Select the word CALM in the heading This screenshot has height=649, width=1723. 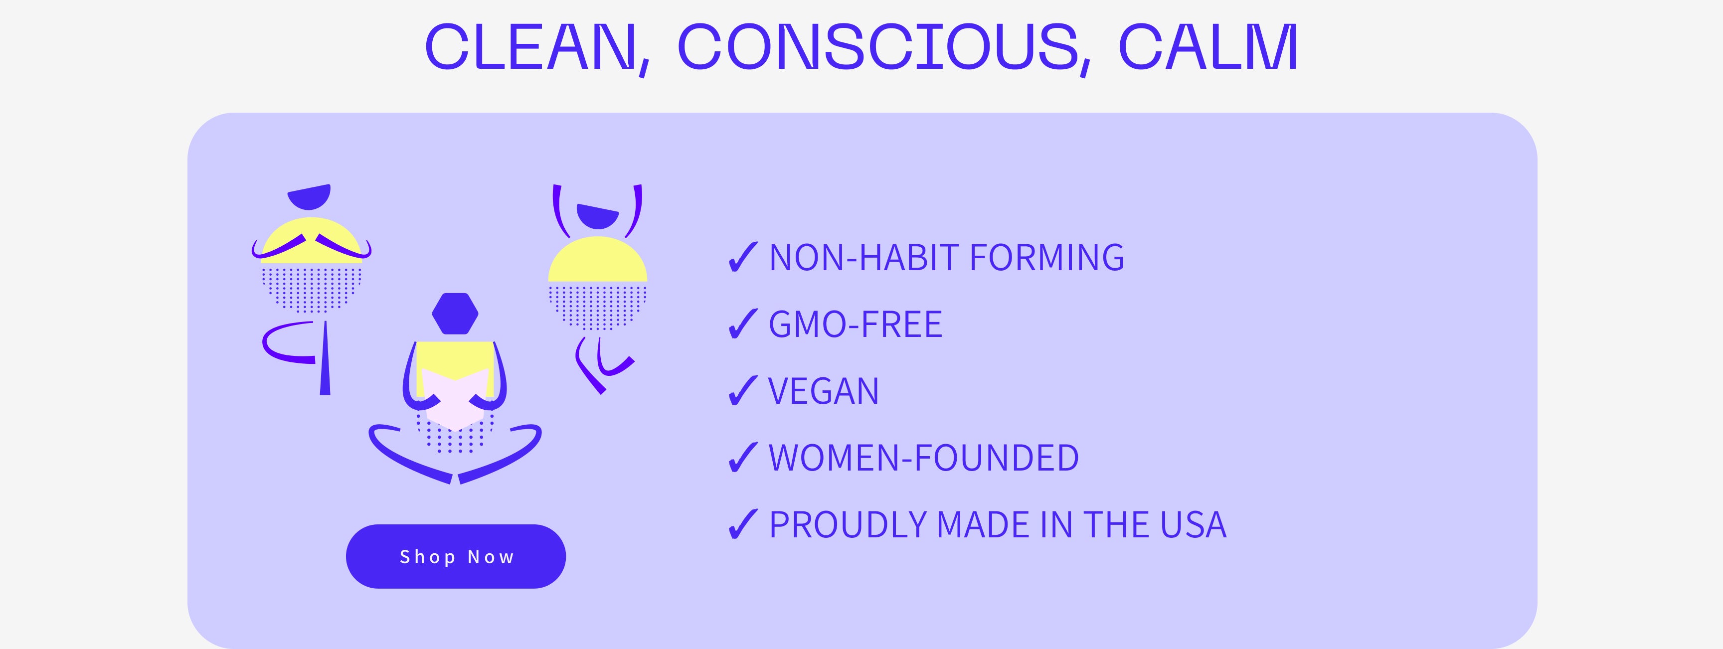point(1208,47)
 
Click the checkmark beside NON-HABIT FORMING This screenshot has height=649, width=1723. point(742,258)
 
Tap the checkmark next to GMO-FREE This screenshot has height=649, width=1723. point(742,324)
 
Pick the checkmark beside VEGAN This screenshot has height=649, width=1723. point(742,391)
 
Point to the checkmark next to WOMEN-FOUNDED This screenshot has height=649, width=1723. point(742,458)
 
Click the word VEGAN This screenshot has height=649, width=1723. point(824,391)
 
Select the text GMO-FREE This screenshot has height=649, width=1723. point(856,324)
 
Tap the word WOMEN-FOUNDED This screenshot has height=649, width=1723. point(924,458)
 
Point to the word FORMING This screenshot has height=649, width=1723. point(1047,258)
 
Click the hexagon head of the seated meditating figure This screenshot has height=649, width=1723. point(455,313)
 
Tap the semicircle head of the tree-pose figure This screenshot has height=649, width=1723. point(309,197)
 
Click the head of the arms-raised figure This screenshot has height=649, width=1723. point(597,217)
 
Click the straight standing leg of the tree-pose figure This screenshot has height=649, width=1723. point(325,358)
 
